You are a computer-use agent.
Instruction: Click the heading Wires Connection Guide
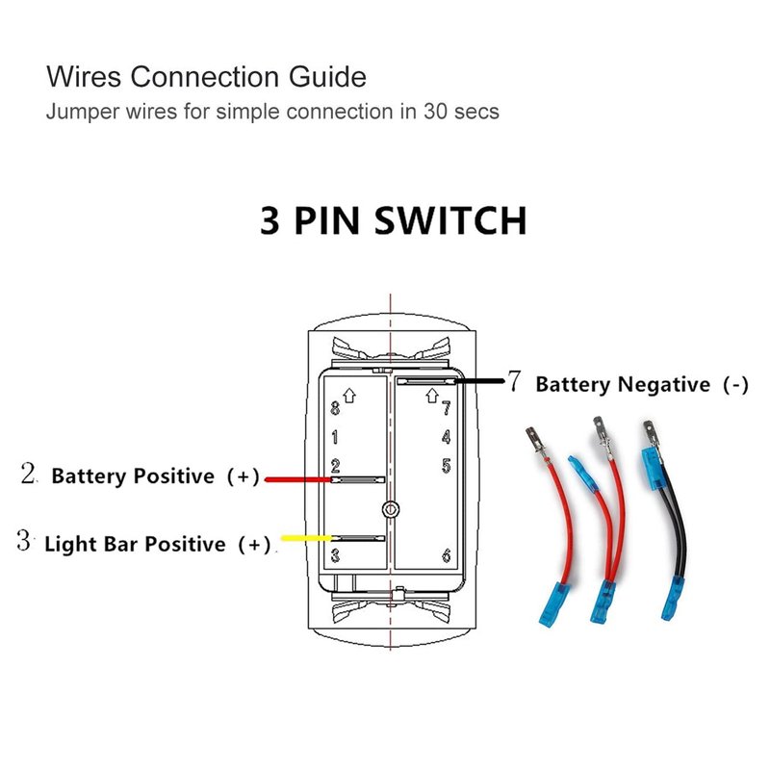click(206, 75)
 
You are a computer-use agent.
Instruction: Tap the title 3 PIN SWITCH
click(393, 220)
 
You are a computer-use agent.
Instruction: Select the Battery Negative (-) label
click(641, 385)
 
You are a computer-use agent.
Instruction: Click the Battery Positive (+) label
click(155, 476)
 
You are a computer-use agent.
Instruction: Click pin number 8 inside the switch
click(335, 409)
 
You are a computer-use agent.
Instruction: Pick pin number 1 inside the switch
click(335, 438)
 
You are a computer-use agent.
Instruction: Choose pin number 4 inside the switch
click(446, 437)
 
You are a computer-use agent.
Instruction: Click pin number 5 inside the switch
click(446, 467)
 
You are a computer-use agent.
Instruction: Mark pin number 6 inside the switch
click(446, 554)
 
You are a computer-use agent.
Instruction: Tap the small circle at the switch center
click(389, 507)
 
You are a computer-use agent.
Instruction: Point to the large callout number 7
click(514, 382)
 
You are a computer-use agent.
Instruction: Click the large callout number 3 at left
click(24, 541)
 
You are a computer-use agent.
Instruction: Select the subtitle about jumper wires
click(272, 111)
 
